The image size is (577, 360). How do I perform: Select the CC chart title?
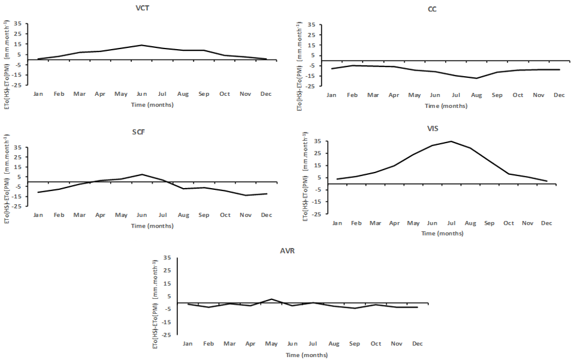[x=432, y=9]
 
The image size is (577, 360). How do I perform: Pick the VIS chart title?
[x=442, y=128]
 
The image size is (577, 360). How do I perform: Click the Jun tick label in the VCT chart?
[x=141, y=93]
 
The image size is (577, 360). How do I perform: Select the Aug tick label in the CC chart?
[x=476, y=95]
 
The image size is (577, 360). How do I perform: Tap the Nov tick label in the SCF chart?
[x=246, y=215]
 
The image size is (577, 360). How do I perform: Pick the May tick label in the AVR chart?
[x=271, y=343]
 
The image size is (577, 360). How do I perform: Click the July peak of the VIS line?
[x=451, y=141]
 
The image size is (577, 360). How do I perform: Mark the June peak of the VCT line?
[x=141, y=45]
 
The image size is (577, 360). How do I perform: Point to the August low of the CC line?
[x=476, y=78]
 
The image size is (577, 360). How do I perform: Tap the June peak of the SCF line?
[x=141, y=174]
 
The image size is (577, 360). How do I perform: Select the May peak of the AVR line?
[x=271, y=299]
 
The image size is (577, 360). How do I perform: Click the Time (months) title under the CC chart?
[x=446, y=106]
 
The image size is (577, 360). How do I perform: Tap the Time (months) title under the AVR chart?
[x=306, y=355]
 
